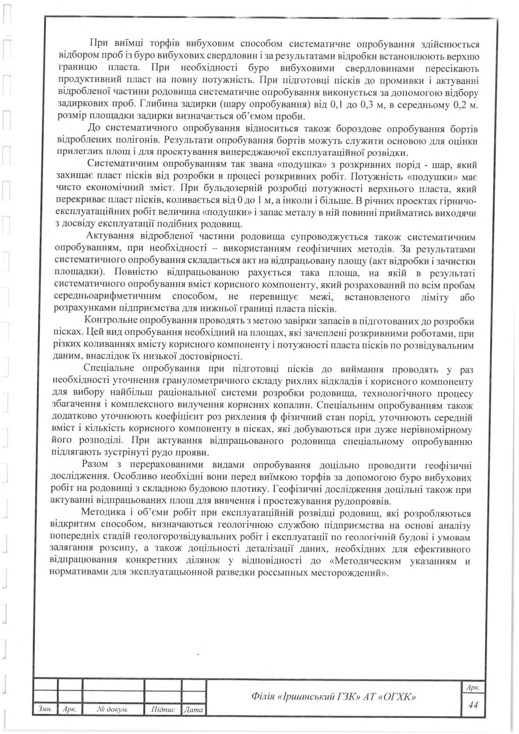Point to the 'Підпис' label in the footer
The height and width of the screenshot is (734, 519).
(x=163, y=710)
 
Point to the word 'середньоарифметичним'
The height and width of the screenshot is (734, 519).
(x=107, y=297)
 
